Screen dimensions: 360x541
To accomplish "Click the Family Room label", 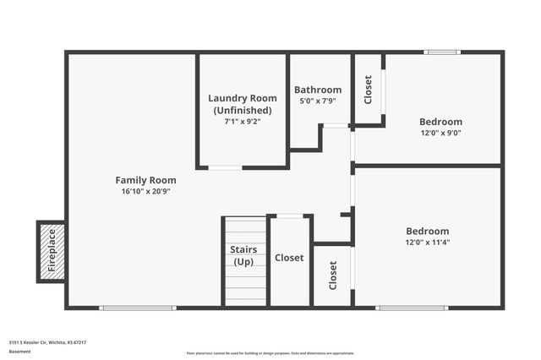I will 145,180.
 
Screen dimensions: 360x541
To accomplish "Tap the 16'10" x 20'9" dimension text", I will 145,192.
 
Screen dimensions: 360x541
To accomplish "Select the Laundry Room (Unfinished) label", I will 243,104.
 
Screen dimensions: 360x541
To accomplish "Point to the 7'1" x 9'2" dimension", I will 243,121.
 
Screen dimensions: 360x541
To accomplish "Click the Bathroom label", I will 318,90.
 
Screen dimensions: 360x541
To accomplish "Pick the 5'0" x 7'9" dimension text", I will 318,101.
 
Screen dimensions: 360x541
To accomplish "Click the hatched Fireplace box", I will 51,251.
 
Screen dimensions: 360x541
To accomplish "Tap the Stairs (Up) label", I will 243,255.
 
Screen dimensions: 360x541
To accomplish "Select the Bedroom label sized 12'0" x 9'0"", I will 441,121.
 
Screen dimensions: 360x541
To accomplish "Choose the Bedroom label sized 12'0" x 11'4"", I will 428,231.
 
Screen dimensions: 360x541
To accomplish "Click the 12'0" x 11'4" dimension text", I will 428,243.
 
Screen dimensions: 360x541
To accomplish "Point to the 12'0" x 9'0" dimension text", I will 441,133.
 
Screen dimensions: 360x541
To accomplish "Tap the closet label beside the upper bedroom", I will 368,90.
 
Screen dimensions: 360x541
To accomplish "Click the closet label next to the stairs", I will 289,258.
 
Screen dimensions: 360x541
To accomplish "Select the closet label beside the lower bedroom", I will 333,275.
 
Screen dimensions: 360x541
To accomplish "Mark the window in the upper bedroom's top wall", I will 442,52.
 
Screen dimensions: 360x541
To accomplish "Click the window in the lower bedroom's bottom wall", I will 412,308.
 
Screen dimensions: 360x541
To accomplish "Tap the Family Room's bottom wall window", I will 138,308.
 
